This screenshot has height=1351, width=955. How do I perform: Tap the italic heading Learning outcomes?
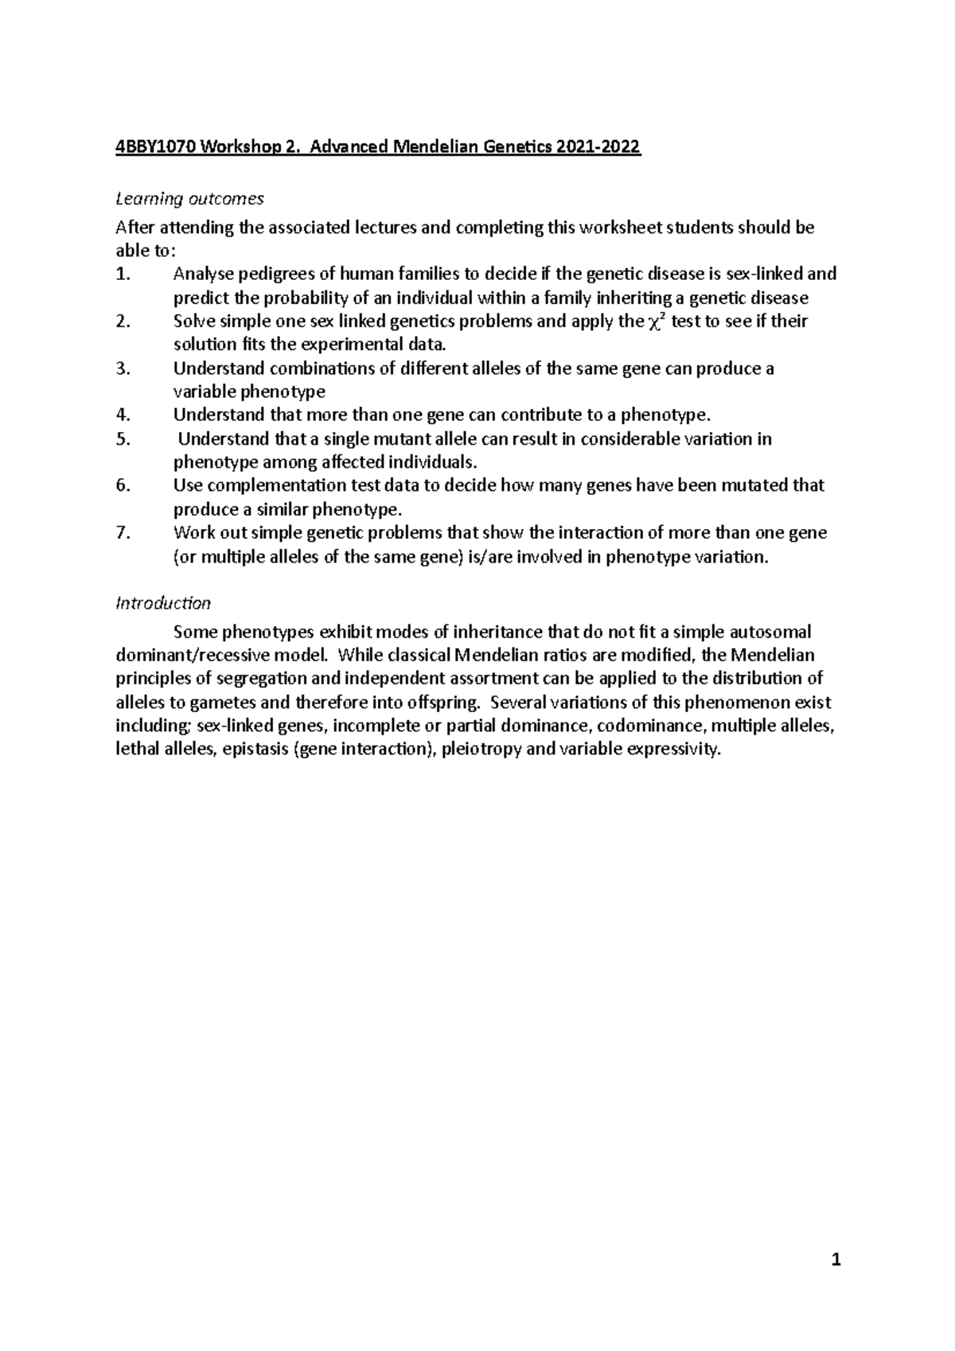click(x=189, y=198)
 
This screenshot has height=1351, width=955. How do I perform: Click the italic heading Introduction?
click(x=163, y=602)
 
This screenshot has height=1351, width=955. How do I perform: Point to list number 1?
click(x=122, y=274)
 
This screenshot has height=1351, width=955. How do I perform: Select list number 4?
click(x=122, y=415)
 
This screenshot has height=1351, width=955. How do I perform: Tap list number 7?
click(x=122, y=532)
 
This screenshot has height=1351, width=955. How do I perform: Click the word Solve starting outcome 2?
click(x=193, y=321)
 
